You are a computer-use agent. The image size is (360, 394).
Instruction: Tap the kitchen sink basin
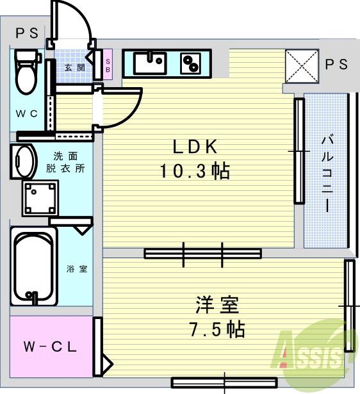(151, 63)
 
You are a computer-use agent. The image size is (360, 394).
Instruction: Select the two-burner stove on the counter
(190, 63)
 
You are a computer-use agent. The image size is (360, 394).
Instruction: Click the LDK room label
(196, 147)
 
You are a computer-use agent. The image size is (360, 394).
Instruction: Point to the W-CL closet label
(51, 347)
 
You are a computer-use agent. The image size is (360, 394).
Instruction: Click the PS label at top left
(27, 33)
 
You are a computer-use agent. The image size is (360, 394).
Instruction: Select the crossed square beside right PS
(300, 65)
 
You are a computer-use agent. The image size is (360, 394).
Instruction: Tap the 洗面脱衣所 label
(70, 162)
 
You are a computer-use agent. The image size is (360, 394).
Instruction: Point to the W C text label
(27, 114)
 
